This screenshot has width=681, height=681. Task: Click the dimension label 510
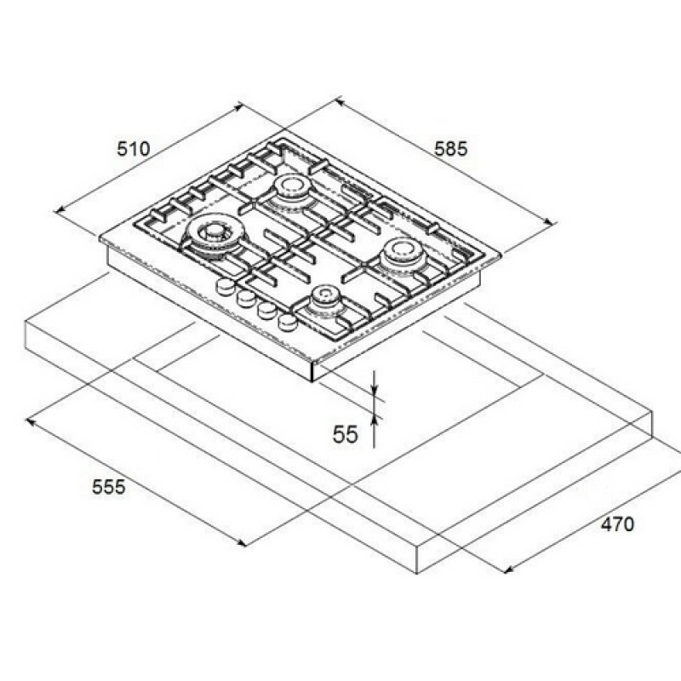click(134, 149)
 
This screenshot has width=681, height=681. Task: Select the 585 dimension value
click(451, 149)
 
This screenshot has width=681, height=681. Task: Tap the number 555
click(109, 486)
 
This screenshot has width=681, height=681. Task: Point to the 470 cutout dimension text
click(617, 524)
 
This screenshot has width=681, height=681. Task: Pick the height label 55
click(346, 434)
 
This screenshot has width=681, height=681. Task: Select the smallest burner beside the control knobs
click(324, 301)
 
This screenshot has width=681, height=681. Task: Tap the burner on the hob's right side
click(402, 256)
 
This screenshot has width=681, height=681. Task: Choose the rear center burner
click(291, 190)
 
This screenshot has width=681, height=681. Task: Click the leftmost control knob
click(226, 285)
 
